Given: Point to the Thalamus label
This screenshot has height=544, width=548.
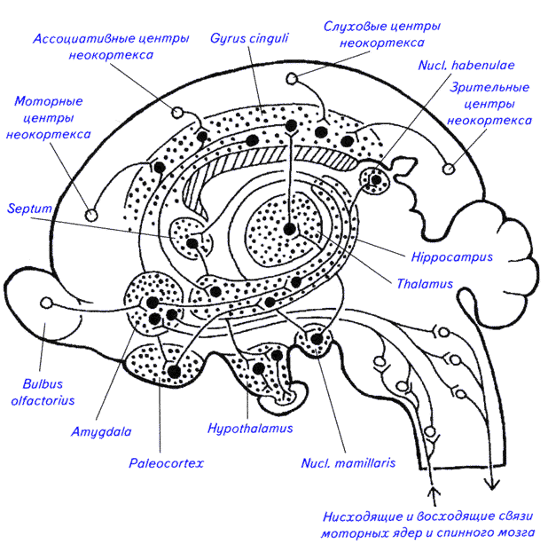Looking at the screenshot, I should [424, 285].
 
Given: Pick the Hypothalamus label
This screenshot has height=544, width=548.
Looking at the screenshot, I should [251, 428].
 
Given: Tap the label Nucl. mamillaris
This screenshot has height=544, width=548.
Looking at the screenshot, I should [347, 462].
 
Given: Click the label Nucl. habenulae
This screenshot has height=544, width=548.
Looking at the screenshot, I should [466, 64].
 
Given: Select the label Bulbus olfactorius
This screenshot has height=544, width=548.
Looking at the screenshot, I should [40, 395].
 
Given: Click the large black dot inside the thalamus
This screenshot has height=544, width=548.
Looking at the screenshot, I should [289, 229].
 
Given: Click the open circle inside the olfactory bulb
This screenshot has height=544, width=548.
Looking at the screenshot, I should [47, 304].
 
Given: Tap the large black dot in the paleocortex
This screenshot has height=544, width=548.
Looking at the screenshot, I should [175, 369].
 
